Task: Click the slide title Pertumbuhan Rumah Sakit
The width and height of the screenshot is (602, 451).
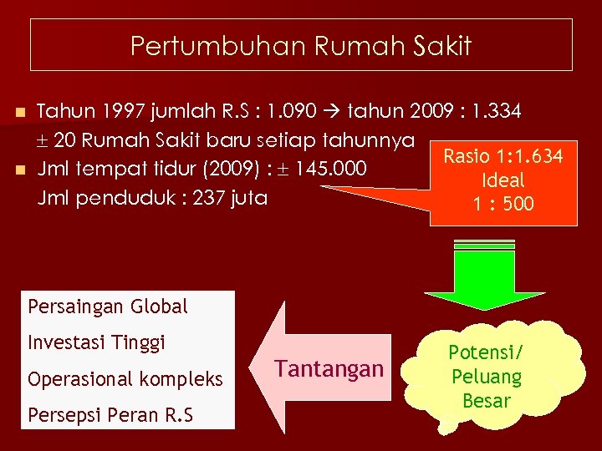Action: pyautogui.click(x=301, y=45)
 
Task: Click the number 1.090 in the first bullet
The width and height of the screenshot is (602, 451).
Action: pyautogui.click(x=309, y=110)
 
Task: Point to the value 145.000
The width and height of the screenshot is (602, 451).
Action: pyautogui.click(x=332, y=169)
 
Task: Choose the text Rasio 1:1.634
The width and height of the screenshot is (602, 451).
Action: pyautogui.click(x=503, y=156)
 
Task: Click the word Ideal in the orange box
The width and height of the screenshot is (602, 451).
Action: pyautogui.click(x=503, y=180)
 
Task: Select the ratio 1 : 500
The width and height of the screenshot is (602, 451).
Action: pyautogui.click(x=503, y=204)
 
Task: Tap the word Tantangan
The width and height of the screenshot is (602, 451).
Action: pyautogui.click(x=329, y=368)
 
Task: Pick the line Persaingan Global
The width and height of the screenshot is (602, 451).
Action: pyautogui.click(x=108, y=307)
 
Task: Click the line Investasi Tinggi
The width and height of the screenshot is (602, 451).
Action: pyautogui.click(x=97, y=342)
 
